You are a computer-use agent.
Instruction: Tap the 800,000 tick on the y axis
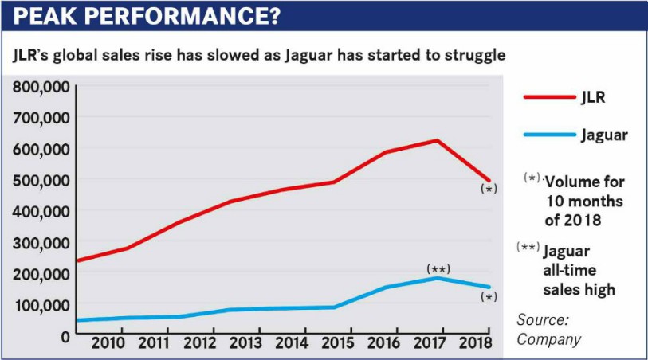click(41, 86)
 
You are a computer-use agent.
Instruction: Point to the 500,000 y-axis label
click(41, 180)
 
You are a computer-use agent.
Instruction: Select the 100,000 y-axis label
click(41, 305)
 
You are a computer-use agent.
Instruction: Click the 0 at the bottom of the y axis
click(65, 336)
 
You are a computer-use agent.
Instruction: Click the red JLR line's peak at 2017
click(438, 141)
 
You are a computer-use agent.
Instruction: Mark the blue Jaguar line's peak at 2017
click(438, 278)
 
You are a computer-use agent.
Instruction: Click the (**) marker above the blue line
click(438, 268)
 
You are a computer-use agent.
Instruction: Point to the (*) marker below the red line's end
click(489, 190)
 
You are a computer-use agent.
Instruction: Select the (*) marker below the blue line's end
click(489, 297)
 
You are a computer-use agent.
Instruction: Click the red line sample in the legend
click(549, 98)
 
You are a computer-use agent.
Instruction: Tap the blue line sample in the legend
click(549, 135)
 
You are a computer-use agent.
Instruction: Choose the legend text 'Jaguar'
click(604, 135)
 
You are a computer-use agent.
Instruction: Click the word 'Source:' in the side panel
click(542, 319)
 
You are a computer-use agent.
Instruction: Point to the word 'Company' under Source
click(549, 339)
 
